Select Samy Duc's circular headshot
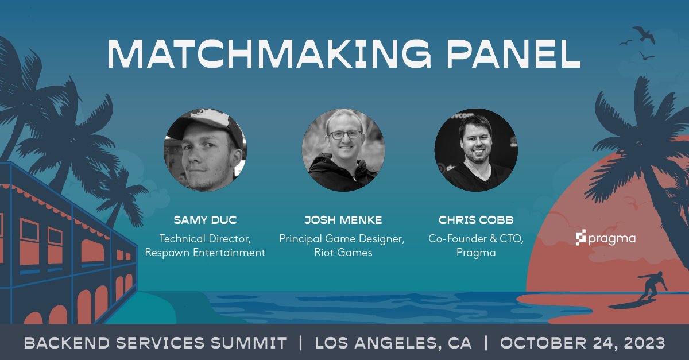[205, 150]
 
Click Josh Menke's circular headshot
[343, 150]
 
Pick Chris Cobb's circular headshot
[476, 150]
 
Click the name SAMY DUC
[205, 220]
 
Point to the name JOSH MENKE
[343, 220]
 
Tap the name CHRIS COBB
[476, 220]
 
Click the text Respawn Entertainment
[205, 252]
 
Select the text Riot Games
[343, 252]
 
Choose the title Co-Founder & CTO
[476, 238]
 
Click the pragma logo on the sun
[605, 238]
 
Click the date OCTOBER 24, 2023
[582, 343]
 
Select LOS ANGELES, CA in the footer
[393, 343]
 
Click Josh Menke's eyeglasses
[344, 134]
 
